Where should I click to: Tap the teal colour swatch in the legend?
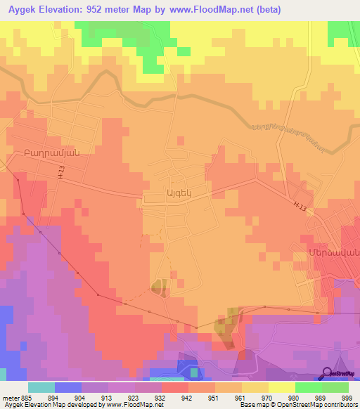(41, 387)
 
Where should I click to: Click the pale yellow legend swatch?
(282, 387)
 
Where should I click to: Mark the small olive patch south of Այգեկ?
(158, 285)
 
